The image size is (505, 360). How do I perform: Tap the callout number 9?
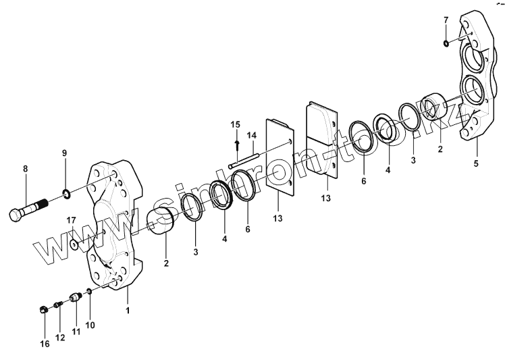65,153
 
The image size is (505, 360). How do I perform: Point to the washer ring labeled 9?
68,196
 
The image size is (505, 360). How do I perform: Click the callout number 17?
71,220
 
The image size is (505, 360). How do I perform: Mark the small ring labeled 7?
446,44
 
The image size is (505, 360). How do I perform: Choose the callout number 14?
251,135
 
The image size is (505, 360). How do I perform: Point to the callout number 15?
236,124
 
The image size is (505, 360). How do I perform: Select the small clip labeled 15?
236,144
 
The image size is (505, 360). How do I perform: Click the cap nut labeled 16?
42,310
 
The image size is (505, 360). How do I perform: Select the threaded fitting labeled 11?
75,297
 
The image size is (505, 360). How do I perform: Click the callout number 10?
90,325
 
